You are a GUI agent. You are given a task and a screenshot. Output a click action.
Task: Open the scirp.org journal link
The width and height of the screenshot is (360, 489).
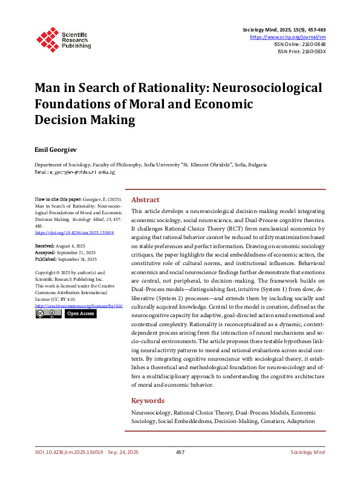coord(288,36)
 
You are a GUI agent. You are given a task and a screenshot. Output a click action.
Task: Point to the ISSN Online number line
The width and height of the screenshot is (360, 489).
coord(301,44)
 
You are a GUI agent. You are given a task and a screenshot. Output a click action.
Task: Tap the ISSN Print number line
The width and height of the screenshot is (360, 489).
coord(302,51)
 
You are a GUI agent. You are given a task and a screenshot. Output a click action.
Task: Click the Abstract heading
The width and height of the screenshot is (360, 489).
coord(145,200)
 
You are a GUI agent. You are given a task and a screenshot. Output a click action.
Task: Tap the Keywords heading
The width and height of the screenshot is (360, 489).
coord(148,401)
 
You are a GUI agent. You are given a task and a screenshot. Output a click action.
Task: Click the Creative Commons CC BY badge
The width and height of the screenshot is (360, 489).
coord(48,313)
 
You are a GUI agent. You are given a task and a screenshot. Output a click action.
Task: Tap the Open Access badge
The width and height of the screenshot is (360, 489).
coord(80,313)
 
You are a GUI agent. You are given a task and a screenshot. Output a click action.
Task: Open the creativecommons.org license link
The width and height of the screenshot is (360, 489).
coord(79,306)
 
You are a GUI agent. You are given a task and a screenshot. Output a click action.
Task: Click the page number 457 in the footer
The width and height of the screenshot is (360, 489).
coord(180,452)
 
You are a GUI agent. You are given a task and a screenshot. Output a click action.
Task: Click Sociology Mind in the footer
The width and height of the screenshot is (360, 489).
coord(308,452)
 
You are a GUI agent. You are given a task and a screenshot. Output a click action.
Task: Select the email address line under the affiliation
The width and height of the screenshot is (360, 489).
coord(74,172)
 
